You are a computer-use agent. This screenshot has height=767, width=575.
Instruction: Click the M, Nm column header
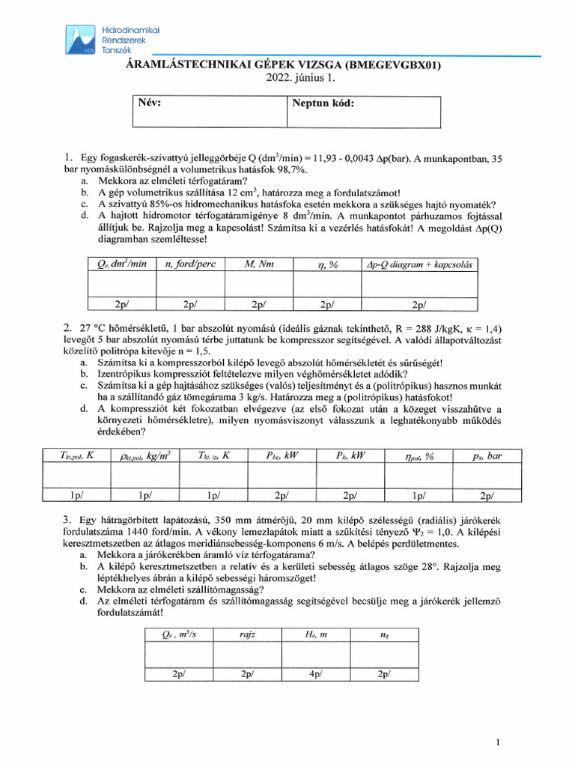[259, 264]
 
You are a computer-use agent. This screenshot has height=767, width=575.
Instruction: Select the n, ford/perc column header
[190, 264]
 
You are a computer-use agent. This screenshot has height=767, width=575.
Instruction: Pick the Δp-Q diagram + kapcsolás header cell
[422, 264]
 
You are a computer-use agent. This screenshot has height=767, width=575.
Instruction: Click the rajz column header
[248, 634]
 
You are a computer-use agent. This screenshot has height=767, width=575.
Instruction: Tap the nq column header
[384, 634]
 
